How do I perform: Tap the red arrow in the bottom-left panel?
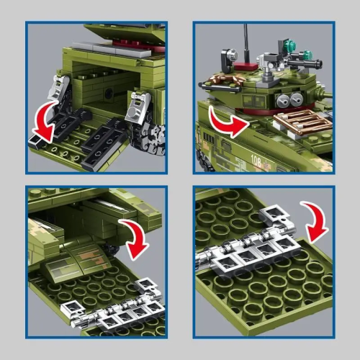tap(135, 238)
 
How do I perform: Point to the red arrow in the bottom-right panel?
tap(315, 221)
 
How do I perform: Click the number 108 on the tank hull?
tap(256, 161)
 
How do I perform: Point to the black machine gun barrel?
tap(305, 64)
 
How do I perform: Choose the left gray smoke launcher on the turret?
tap(284, 100)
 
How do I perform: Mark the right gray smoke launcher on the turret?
tap(297, 99)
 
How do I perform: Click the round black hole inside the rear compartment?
tap(109, 93)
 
